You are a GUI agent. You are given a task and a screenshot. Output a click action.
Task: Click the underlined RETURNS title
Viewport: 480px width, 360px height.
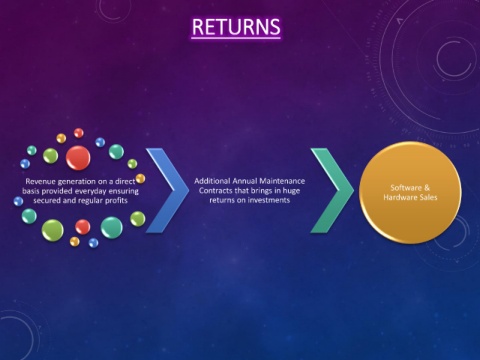[x=236, y=27]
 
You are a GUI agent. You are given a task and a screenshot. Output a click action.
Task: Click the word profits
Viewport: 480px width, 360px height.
[x=116, y=201]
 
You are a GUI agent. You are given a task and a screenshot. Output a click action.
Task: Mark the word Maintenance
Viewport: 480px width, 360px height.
[x=282, y=181]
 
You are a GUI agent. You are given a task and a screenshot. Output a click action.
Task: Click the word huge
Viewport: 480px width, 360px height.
[x=291, y=191]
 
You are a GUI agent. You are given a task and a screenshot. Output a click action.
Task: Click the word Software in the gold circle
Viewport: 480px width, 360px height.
[x=406, y=188]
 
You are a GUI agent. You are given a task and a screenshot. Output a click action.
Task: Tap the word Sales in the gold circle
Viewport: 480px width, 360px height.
[x=428, y=197]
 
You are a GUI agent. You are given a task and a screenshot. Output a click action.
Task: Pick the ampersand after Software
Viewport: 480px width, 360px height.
[x=427, y=188]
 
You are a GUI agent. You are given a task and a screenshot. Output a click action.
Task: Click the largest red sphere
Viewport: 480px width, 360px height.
[x=78, y=158]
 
